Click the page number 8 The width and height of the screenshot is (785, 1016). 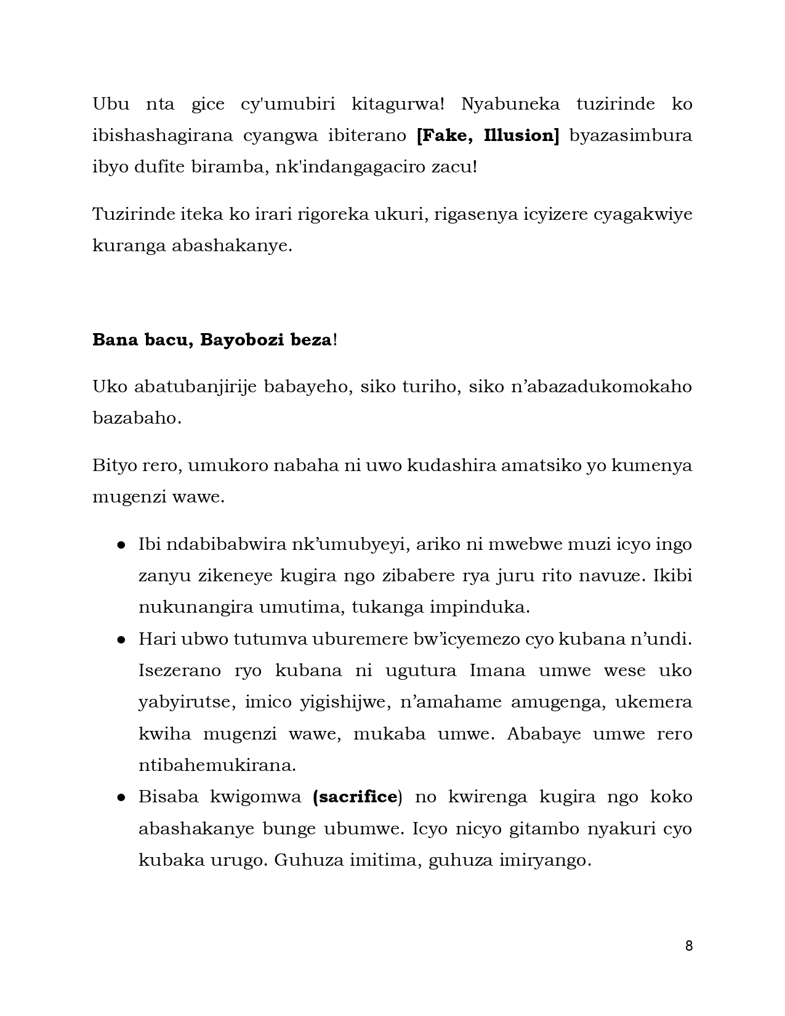[x=688, y=946]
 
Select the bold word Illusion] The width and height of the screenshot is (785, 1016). [x=521, y=135]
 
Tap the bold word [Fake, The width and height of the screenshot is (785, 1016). [x=442, y=135]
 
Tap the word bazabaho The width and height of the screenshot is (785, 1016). [x=137, y=418]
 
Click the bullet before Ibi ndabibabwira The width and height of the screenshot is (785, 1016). [x=122, y=545]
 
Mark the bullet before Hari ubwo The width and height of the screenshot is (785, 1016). [x=122, y=640]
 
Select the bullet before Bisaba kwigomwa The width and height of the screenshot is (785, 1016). [x=122, y=797]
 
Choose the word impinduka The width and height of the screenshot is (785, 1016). [x=479, y=607]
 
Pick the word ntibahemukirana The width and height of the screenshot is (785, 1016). [x=217, y=765]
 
